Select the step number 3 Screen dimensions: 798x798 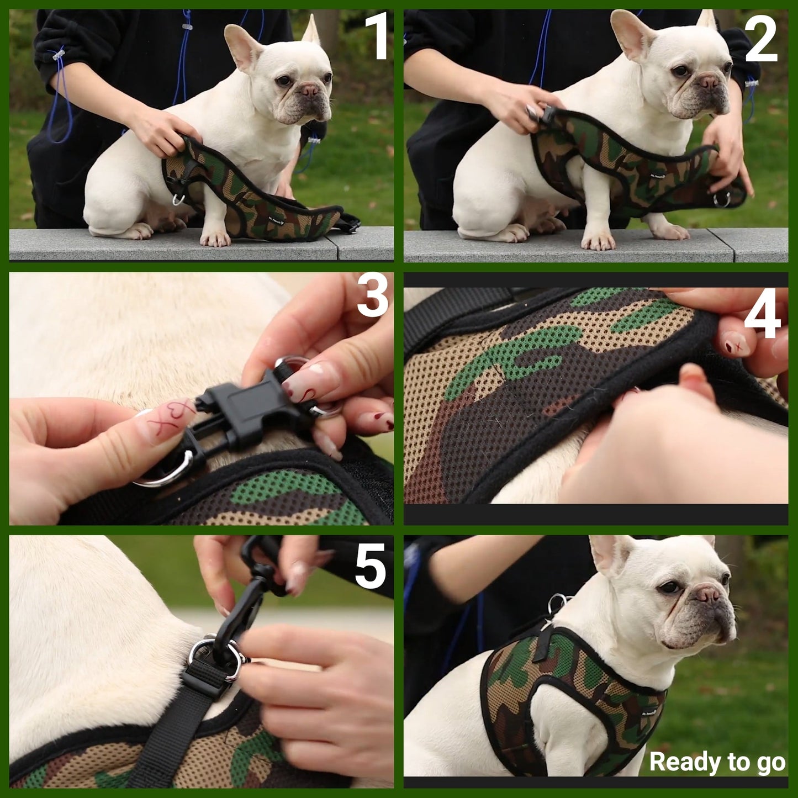373,297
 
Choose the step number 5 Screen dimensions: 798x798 370,566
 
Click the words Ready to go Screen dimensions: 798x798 717,762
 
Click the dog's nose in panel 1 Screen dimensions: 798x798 309,89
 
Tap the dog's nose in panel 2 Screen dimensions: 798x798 709,82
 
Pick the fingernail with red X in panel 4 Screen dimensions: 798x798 734,344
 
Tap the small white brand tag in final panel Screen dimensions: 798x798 649,712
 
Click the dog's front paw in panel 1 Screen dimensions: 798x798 215,238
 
